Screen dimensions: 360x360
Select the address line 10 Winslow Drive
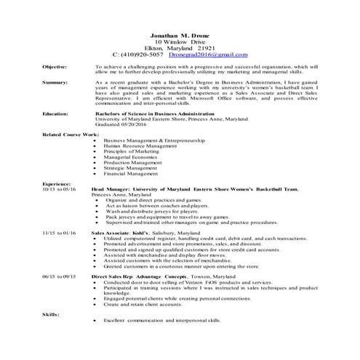(x=180, y=41)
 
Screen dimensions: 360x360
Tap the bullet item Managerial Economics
(x=131, y=156)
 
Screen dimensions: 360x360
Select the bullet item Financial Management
(x=130, y=174)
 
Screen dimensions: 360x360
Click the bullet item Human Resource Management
(x=140, y=145)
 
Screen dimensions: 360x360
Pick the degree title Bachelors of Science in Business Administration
(x=153, y=113)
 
